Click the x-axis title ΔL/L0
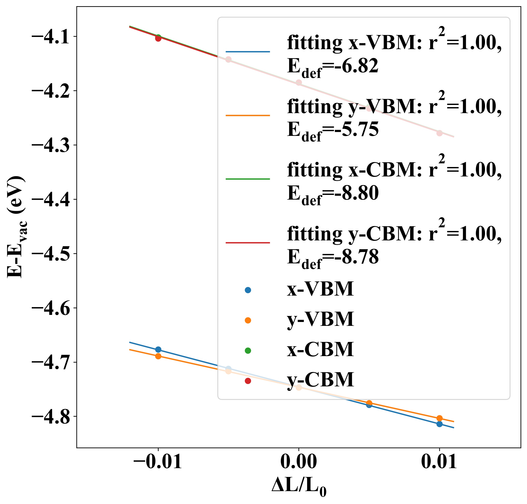pyautogui.click(x=299, y=487)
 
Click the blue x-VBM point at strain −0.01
pyautogui.click(x=158, y=349)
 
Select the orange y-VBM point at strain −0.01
pyautogui.click(x=158, y=356)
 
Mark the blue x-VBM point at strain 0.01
pyautogui.click(x=439, y=424)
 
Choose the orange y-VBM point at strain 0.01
pyautogui.click(x=439, y=418)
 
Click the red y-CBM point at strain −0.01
pyautogui.click(x=158, y=39)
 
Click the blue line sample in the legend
pyautogui.click(x=248, y=52)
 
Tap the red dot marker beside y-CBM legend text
pyautogui.click(x=248, y=381)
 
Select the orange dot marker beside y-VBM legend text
pyautogui.click(x=248, y=320)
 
